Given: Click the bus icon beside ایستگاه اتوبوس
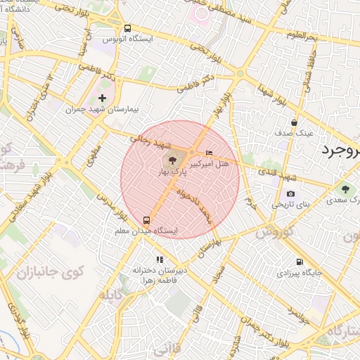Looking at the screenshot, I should coord(127,29).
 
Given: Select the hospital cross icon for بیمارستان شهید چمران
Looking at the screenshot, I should coord(103,98).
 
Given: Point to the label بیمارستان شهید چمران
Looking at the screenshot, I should coord(103,109).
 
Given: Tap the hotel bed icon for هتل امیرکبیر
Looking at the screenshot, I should coord(209,153).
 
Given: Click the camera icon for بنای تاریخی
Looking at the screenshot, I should coord(290,194).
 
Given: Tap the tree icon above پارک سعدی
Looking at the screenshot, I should coord(345,188).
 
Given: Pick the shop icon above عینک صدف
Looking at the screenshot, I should coord(303,122).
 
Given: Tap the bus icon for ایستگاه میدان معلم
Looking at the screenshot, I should coord(146,220).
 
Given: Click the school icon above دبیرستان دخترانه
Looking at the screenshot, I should coord(160,259).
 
